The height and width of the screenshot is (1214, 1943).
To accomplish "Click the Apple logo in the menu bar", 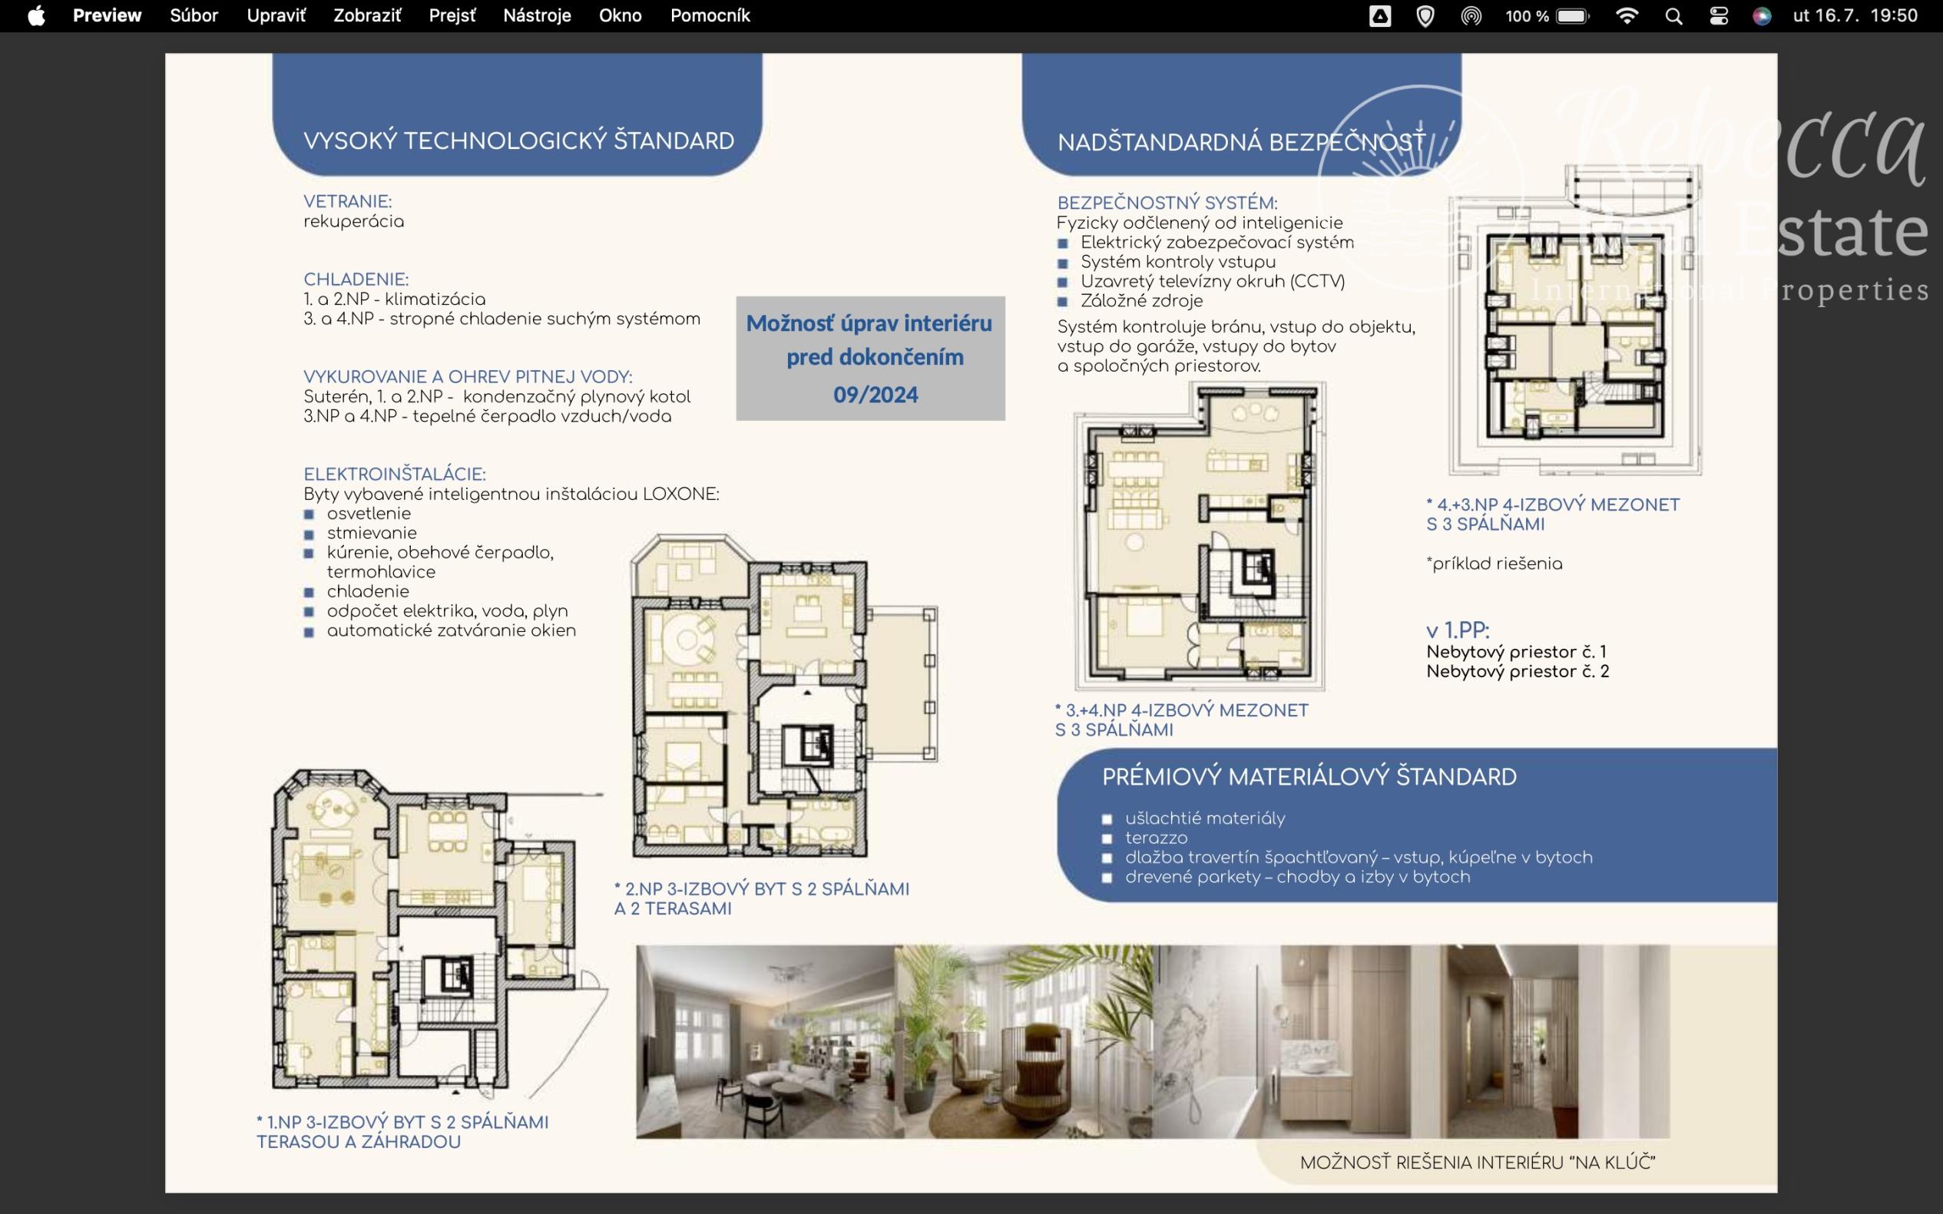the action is tap(36, 16).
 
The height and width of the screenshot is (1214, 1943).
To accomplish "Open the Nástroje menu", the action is tap(537, 16).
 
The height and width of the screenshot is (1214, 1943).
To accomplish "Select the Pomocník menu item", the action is tap(710, 16).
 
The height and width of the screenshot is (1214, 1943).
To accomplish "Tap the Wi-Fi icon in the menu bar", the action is tap(1627, 16).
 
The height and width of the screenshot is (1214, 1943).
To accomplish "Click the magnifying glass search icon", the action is tap(1673, 16).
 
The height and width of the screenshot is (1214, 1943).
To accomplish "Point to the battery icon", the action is tap(1574, 16).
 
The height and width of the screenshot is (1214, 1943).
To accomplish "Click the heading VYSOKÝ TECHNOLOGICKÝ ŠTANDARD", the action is tap(518, 141).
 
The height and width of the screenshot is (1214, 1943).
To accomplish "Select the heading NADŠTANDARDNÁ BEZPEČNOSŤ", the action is tap(1241, 142).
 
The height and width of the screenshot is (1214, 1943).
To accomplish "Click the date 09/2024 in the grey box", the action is tap(876, 394).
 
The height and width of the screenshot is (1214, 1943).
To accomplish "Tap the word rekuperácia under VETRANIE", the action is tap(354, 222).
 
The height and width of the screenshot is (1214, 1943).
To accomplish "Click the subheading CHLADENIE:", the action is tap(356, 280).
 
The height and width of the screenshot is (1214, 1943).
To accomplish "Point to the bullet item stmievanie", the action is tap(372, 533).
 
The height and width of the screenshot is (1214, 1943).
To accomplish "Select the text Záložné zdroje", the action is tap(1142, 301).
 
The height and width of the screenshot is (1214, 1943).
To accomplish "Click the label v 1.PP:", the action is tap(1458, 630).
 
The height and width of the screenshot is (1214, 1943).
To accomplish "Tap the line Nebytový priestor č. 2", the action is tap(1518, 671).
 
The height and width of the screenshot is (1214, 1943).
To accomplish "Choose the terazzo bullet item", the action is tap(1156, 839).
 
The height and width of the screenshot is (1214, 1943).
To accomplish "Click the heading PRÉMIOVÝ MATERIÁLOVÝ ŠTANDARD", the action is tap(1309, 777).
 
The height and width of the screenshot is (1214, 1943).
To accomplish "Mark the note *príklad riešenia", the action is tap(1494, 564).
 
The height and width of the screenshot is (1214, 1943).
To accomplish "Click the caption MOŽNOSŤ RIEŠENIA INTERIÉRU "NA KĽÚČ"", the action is tap(1478, 1163).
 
